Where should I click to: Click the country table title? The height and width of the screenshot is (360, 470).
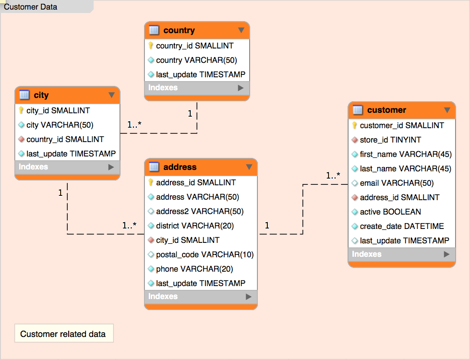(179, 30)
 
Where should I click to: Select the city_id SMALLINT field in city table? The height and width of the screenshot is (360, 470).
(58, 110)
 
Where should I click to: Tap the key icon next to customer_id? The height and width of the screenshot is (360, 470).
(354, 125)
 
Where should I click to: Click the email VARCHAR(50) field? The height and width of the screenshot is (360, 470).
(397, 183)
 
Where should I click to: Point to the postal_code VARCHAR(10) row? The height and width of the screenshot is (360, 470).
(205, 254)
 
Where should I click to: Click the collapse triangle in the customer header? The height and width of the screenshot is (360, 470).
(447, 110)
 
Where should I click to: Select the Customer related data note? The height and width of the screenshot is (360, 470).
(63, 334)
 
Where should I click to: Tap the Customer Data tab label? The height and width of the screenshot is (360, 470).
(31, 7)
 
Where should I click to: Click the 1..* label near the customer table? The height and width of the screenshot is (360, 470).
(333, 176)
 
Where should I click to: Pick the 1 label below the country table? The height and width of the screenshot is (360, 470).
(190, 114)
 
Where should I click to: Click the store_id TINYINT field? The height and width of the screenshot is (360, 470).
(390, 140)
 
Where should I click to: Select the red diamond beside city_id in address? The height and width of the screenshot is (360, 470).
(151, 240)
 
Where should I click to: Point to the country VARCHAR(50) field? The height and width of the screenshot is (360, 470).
(196, 60)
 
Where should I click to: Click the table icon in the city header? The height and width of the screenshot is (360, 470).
(24, 95)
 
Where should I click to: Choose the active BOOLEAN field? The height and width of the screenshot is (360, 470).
(390, 212)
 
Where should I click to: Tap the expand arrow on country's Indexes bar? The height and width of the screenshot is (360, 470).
(241, 88)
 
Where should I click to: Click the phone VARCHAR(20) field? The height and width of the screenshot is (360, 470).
(194, 269)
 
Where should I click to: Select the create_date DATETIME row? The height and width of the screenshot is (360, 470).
(402, 226)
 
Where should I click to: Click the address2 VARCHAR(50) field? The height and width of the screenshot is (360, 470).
(200, 211)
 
